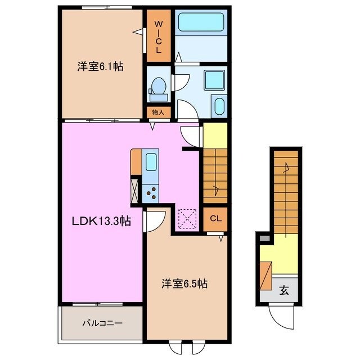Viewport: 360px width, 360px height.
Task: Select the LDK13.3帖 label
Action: pos(101,222)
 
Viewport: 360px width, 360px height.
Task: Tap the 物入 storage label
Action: pos(158,112)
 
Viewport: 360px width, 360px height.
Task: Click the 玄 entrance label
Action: pos(284,291)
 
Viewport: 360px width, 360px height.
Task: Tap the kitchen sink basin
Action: pos(151,163)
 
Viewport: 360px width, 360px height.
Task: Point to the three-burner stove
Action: pos(151,192)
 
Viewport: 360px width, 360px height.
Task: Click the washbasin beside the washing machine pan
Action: pos(218,105)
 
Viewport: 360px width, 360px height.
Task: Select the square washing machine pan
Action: pos(214,80)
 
